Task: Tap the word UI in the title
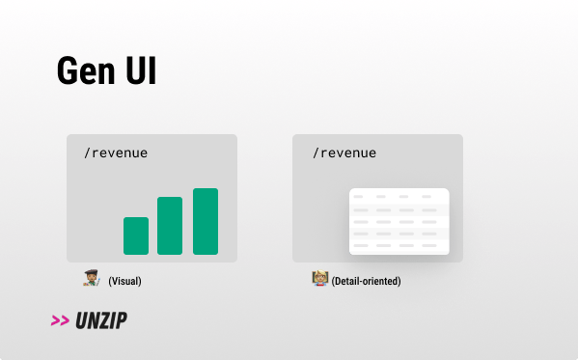(x=141, y=70)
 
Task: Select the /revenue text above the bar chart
(x=116, y=152)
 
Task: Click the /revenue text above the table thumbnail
(x=344, y=152)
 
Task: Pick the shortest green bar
(x=136, y=235)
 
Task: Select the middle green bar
(x=170, y=225)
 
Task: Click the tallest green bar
(x=206, y=221)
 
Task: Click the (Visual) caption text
(x=124, y=281)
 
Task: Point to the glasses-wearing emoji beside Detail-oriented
(x=320, y=279)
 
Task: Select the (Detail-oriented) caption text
(x=366, y=281)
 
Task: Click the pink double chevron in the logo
(x=60, y=320)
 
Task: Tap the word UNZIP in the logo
(x=101, y=320)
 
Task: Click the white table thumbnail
(x=399, y=221)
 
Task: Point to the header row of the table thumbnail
(x=399, y=196)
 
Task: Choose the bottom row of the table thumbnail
(x=399, y=246)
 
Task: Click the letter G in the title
(x=68, y=70)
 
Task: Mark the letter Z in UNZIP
(x=105, y=320)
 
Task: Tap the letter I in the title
(x=151, y=70)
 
